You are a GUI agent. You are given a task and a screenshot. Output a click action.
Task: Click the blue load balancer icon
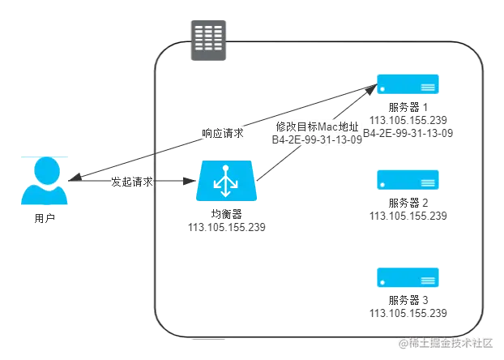[x=224, y=184]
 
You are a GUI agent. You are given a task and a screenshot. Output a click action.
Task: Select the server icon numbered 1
[x=408, y=84]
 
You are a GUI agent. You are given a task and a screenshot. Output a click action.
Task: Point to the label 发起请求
[x=132, y=182]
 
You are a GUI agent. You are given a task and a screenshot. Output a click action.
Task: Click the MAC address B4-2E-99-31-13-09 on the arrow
[x=317, y=139]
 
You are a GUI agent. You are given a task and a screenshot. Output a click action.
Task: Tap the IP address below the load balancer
[x=226, y=225]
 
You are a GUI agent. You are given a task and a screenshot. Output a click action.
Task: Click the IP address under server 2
[x=408, y=216]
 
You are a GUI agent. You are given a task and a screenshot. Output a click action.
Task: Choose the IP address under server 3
[x=408, y=313]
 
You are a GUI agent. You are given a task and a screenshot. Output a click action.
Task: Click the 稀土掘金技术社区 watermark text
[x=450, y=343]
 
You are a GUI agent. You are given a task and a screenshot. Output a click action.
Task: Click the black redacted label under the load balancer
[x=224, y=213]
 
